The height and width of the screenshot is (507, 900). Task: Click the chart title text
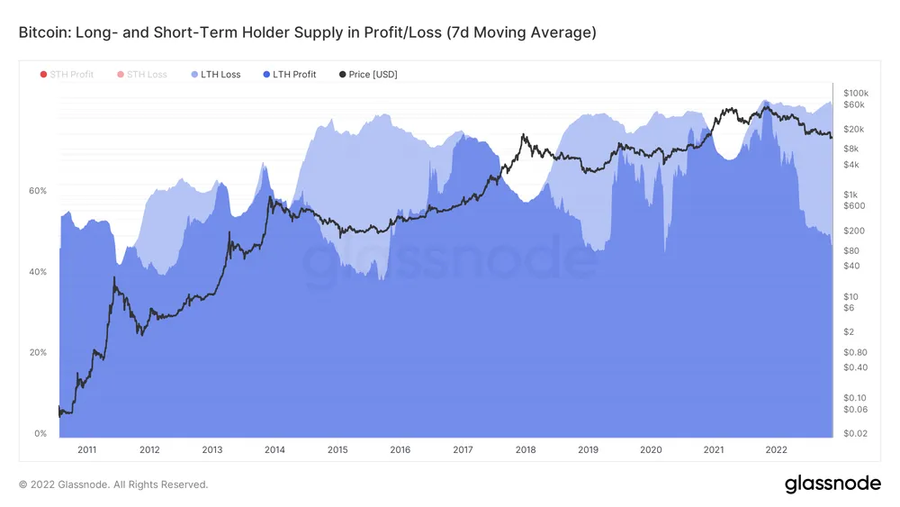(307, 32)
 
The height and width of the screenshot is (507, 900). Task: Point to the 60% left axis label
(37, 191)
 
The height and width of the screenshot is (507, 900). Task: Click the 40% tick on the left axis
(37, 272)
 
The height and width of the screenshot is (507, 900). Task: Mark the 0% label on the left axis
(40, 433)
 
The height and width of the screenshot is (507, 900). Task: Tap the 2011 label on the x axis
(86, 449)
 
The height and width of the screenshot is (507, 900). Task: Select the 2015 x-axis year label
(337, 449)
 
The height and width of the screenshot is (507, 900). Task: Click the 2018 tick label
(526, 449)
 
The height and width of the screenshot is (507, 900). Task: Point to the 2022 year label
(776, 449)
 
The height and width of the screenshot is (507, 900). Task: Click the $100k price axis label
(854, 93)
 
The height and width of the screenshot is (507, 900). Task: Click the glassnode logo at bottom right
(832, 484)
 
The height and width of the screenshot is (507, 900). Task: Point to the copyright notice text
(113, 484)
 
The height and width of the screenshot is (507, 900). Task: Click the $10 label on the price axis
(849, 296)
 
